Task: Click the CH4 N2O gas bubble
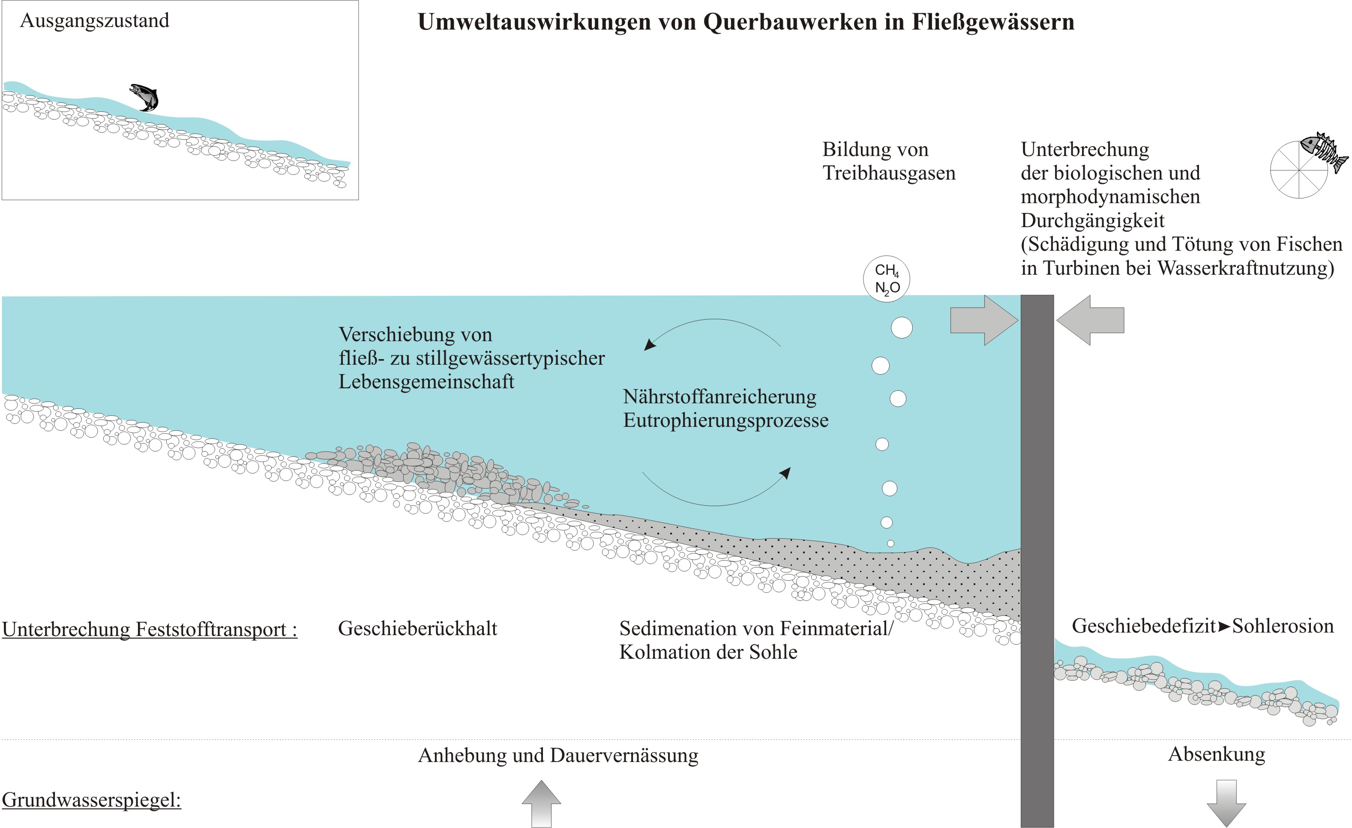(x=887, y=279)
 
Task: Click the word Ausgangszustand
(x=94, y=21)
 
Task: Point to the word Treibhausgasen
(x=889, y=173)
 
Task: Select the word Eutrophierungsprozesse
(x=725, y=420)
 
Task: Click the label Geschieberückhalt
(x=417, y=628)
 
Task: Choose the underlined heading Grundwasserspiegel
(x=91, y=800)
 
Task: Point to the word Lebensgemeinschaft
(x=426, y=381)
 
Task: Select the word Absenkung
(x=1217, y=754)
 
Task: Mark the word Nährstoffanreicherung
(x=719, y=397)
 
